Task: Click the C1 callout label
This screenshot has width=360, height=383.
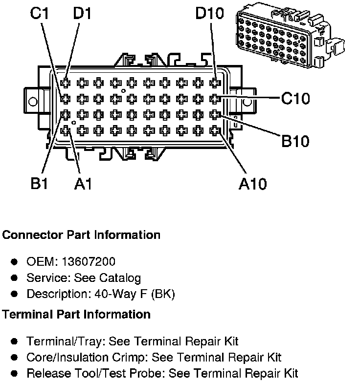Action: coord(39,13)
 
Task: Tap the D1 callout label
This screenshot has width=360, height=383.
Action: coord(83,13)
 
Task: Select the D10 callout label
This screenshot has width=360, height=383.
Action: coord(209,13)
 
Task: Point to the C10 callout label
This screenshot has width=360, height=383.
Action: coord(295,99)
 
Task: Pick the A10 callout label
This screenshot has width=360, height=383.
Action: coord(252,184)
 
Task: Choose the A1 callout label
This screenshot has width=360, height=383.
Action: coord(83,184)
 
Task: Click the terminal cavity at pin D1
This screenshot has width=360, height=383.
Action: coord(66,83)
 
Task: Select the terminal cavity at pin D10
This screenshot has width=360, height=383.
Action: coord(214,83)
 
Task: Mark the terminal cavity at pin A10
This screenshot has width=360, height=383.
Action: coord(214,130)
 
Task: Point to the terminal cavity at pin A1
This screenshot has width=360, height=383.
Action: coord(66,130)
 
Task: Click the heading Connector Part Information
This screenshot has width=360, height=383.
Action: coord(81,235)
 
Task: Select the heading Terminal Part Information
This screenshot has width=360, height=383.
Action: coord(76,314)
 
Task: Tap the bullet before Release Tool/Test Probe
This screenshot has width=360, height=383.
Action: coord(15,374)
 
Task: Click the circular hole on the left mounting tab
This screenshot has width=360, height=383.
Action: coord(33,102)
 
